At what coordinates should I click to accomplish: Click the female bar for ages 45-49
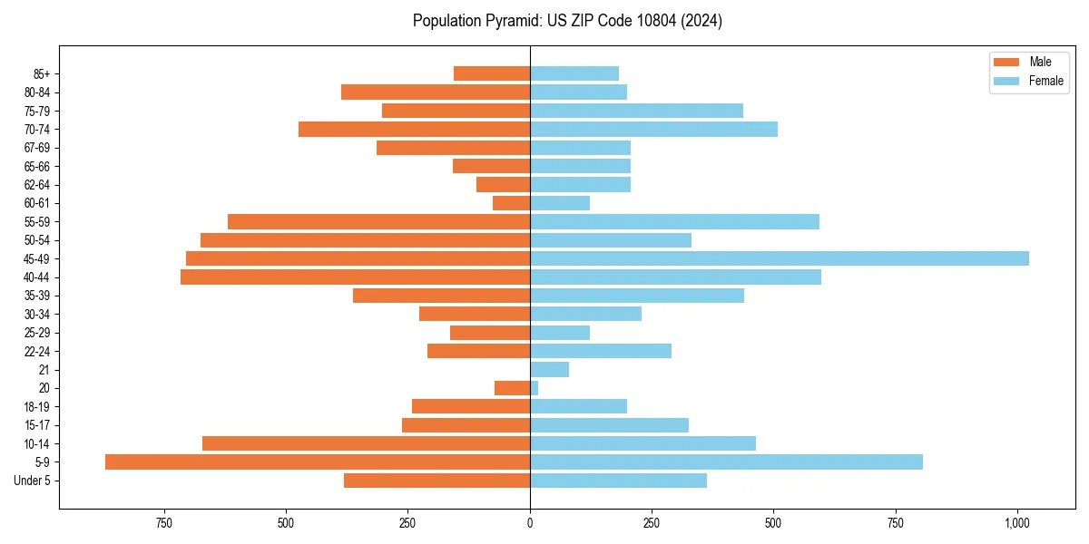tap(779, 258)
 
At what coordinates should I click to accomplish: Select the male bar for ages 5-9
tap(318, 462)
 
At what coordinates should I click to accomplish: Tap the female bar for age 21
tap(549, 370)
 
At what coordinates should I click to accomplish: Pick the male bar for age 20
tap(512, 388)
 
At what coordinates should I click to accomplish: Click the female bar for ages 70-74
tap(653, 130)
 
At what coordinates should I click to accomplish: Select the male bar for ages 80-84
tap(436, 92)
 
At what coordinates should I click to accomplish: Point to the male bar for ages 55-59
tap(378, 222)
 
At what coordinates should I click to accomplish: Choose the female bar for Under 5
tap(618, 481)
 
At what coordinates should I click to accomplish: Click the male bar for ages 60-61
tap(511, 203)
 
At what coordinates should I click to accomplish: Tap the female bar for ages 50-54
tap(611, 240)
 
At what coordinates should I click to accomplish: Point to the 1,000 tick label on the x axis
tap(1016, 523)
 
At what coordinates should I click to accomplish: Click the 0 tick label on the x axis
tap(530, 523)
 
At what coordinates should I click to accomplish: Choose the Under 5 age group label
tap(32, 481)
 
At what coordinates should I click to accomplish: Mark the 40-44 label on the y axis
tap(36, 277)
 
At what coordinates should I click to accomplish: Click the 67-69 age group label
tap(36, 148)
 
